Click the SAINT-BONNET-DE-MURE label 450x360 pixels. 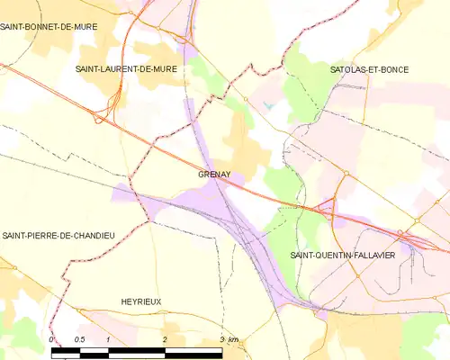[47, 28]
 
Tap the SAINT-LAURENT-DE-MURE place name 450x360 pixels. [126, 68]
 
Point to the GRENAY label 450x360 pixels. [212, 176]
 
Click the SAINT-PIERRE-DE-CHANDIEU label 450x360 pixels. [58, 235]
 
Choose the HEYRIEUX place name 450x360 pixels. [140, 301]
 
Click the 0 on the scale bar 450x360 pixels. [53, 339]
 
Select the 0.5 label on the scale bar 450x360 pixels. [79, 339]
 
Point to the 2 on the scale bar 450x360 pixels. [166, 339]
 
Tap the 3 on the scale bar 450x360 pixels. [221, 339]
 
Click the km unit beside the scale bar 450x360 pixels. [234, 339]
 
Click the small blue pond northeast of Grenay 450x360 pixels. [268, 106]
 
